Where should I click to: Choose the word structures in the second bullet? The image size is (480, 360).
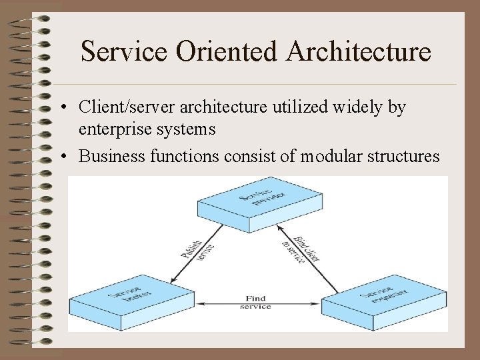pos(406,157)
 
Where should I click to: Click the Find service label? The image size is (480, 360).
pos(255,303)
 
